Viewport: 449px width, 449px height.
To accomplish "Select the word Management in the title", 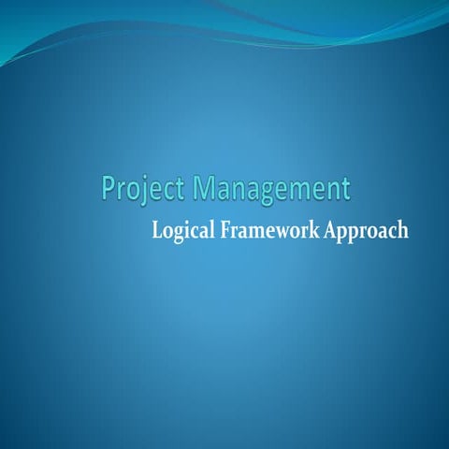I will pos(271,188).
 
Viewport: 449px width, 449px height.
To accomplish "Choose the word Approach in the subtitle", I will pos(366,230).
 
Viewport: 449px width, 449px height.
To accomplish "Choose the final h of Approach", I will pos(402,229).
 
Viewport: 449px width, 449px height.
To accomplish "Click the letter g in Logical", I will pos(179,233).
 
